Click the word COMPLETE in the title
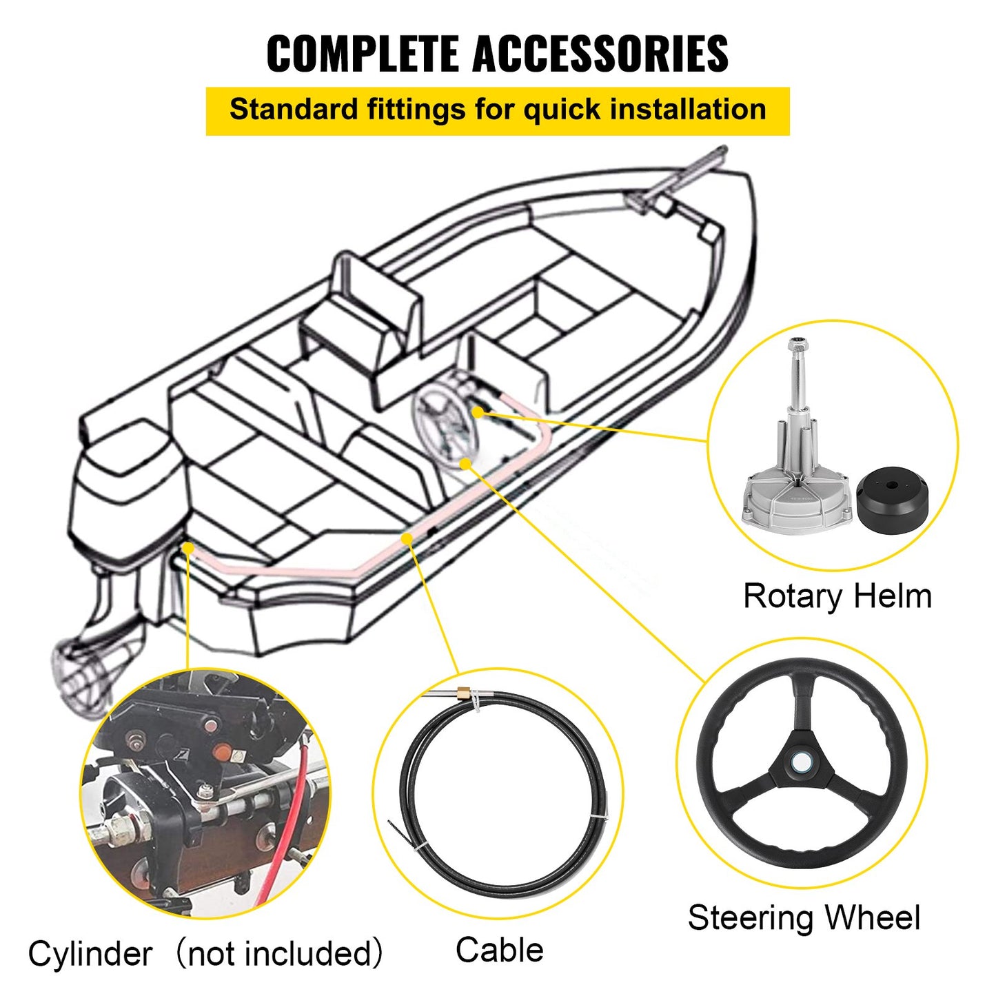[x=364, y=54]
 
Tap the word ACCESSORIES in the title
[x=600, y=54]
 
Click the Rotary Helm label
[x=837, y=596]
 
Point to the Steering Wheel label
[x=804, y=918]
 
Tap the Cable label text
[x=499, y=950]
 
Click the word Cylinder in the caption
[x=90, y=955]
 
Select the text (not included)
[x=279, y=955]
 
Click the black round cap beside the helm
[x=893, y=498]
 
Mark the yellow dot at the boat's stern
[x=187, y=547]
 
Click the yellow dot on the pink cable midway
[x=407, y=538]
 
